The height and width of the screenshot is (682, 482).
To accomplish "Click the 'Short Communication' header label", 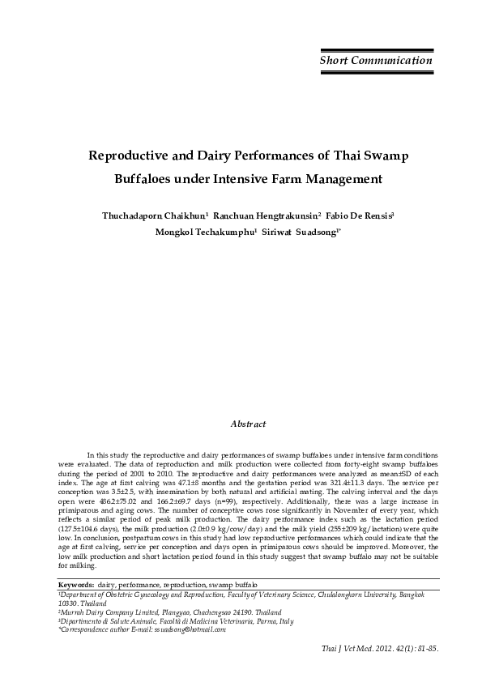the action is [375, 61].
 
